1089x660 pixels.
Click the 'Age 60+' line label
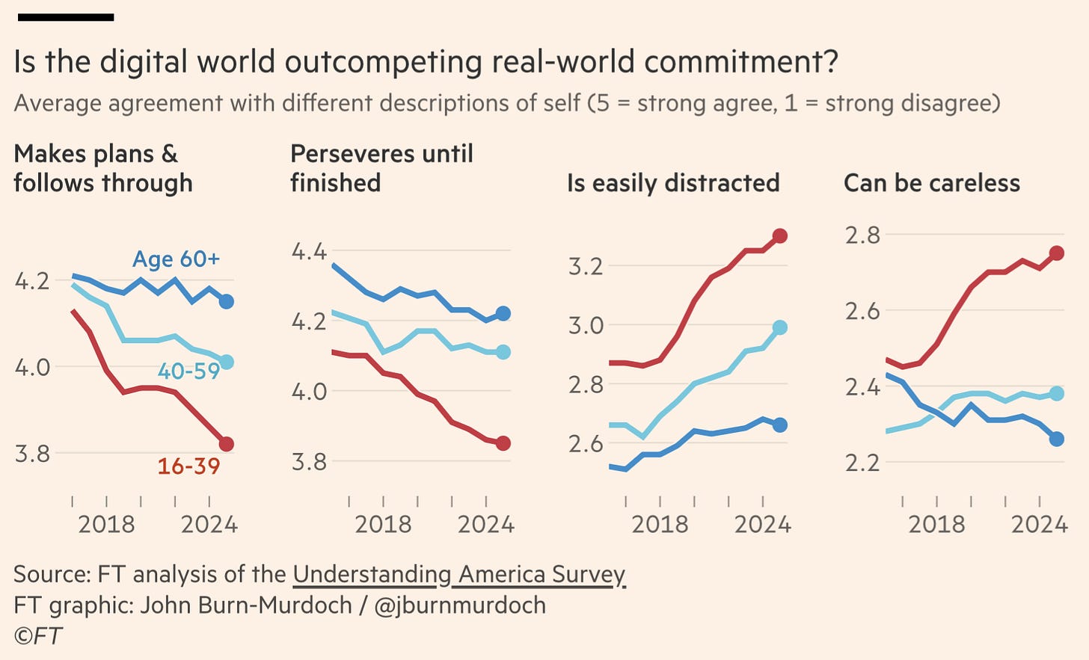(176, 259)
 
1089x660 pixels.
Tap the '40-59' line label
(188, 371)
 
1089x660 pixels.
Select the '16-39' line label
(188, 466)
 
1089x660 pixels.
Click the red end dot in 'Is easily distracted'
(779, 236)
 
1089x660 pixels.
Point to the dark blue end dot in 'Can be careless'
(1056, 439)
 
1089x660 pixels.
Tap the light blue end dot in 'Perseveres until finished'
(503, 352)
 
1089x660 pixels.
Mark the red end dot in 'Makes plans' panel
(226, 444)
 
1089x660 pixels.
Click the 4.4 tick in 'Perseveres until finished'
(309, 251)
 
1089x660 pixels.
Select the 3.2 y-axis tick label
(586, 266)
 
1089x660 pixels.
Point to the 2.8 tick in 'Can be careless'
(862, 235)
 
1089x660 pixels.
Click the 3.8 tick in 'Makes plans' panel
(32, 454)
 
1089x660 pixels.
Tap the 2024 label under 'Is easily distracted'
(762, 525)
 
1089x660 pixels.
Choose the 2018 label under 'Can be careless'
(936, 525)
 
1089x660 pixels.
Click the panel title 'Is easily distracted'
(673, 183)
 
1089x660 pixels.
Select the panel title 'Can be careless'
(932, 183)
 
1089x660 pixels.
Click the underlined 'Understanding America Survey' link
(458, 574)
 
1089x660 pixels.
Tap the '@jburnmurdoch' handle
(459, 605)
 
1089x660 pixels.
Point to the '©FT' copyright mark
(37, 635)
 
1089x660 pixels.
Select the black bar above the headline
(66, 17)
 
